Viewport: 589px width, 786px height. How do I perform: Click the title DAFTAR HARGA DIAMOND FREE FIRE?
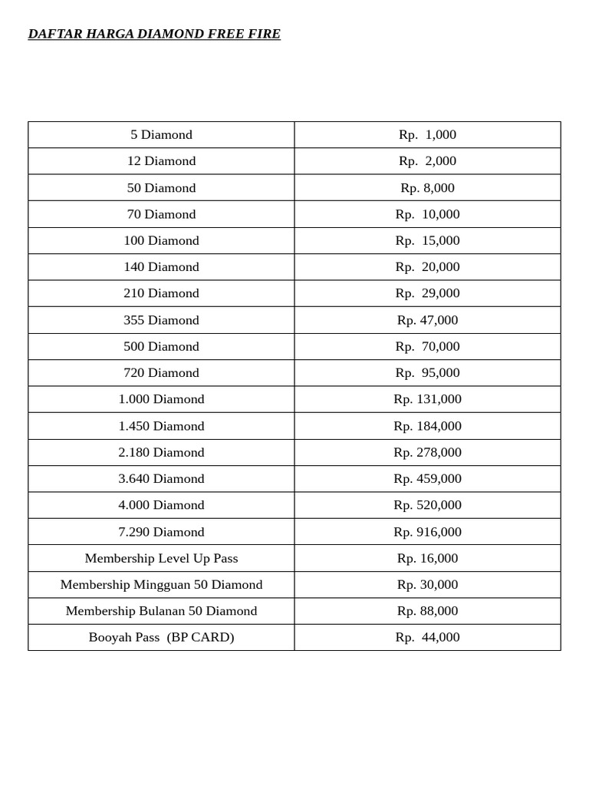pyautogui.click(x=154, y=34)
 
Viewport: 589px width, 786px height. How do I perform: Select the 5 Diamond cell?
pyautogui.click(x=161, y=135)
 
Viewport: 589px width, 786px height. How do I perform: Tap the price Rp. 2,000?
pyautogui.click(x=427, y=161)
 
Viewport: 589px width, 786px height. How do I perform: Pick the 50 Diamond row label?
pyautogui.click(x=161, y=188)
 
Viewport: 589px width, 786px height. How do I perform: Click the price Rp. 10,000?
pyautogui.click(x=427, y=214)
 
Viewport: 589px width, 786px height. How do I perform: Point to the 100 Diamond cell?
pyautogui.click(x=161, y=241)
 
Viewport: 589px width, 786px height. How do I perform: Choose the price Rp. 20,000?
pyautogui.click(x=427, y=267)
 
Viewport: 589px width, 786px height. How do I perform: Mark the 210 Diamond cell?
pyautogui.click(x=161, y=293)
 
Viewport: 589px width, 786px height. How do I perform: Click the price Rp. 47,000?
pyautogui.click(x=427, y=320)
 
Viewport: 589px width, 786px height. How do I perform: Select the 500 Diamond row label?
pyautogui.click(x=161, y=346)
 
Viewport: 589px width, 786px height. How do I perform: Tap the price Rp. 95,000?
pyautogui.click(x=427, y=373)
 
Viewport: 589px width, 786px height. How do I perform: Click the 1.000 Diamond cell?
pyautogui.click(x=161, y=399)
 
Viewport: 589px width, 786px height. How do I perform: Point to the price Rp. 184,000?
pyautogui.click(x=427, y=426)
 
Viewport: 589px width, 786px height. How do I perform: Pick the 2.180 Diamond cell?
pyautogui.click(x=161, y=452)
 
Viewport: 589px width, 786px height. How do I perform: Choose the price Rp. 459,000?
pyautogui.click(x=427, y=479)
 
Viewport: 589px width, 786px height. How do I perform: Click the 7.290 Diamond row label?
pyautogui.click(x=161, y=532)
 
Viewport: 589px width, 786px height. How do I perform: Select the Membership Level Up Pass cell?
pyautogui.click(x=161, y=558)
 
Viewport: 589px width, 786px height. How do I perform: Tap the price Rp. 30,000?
pyautogui.click(x=427, y=585)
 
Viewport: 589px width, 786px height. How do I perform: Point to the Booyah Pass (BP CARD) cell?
pyautogui.click(x=161, y=637)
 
